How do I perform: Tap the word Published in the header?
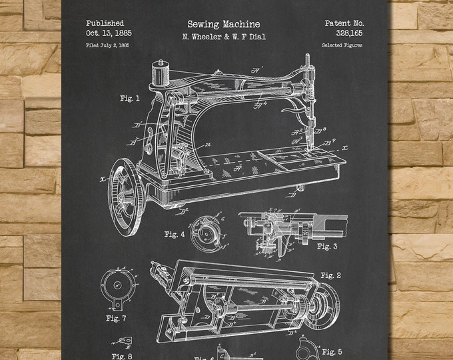click(x=105, y=22)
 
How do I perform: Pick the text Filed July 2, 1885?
click(x=107, y=45)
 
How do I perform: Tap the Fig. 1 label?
click(x=130, y=99)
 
